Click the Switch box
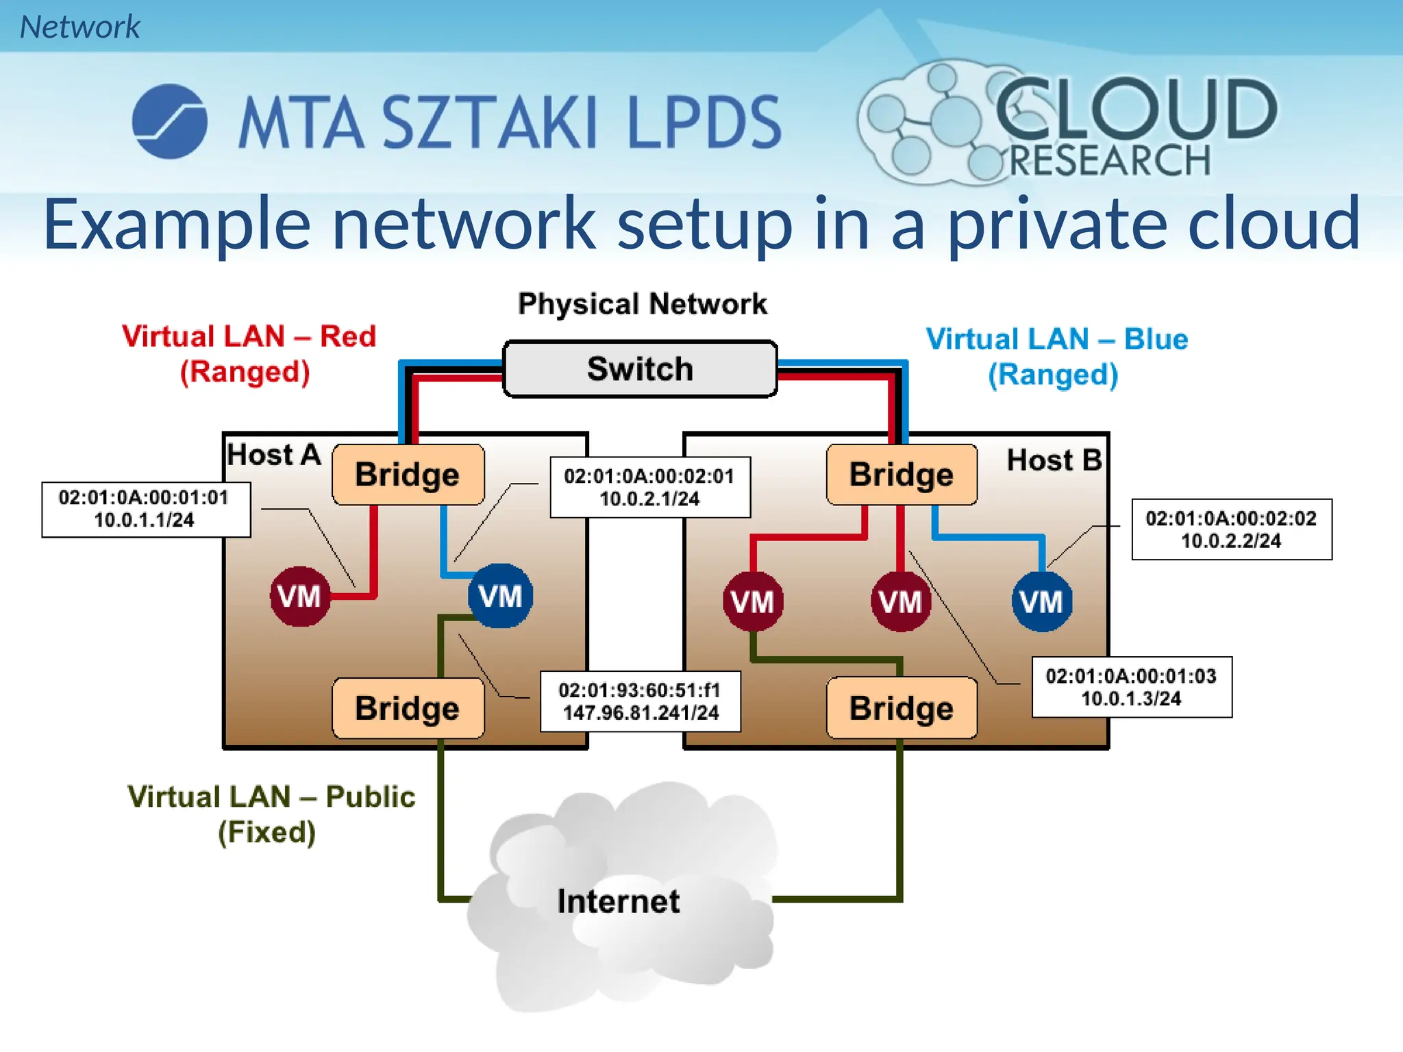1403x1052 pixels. (640, 369)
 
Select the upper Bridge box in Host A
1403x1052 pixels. (408, 475)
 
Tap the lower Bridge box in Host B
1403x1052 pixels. (902, 708)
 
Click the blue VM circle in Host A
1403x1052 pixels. (500, 596)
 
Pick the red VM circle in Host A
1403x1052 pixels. (299, 596)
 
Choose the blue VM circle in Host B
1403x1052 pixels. (1041, 601)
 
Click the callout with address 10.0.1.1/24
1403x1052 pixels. (145, 509)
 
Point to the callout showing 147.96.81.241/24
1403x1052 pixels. (641, 701)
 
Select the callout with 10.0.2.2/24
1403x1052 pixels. (1231, 529)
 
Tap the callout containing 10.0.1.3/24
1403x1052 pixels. (1131, 687)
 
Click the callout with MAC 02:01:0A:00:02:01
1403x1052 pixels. (649, 487)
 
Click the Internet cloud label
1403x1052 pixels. (619, 901)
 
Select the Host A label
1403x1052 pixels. (273, 455)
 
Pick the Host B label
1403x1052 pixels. (1054, 460)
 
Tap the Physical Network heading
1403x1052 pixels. (642, 304)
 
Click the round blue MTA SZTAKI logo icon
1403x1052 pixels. (169, 122)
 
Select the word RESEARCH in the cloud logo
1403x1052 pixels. (1110, 161)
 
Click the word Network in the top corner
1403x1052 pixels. (79, 27)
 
